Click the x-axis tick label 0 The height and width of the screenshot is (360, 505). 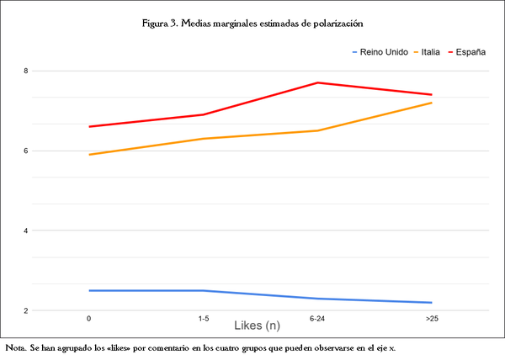[89, 319]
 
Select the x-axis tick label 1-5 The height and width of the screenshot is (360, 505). [204, 319]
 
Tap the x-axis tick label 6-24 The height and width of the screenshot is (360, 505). [317, 319]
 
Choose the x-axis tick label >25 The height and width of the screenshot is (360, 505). [431, 319]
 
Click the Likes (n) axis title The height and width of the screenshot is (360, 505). [257, 325]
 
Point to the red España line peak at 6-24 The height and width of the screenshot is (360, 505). [317, 82]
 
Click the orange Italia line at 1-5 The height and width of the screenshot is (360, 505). [204, 139]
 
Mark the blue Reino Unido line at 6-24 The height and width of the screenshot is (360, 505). [317, 299]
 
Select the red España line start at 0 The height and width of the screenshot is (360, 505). [89, 126]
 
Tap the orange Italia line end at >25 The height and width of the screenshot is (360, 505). [431, 103]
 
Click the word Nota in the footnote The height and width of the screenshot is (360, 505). [15, 347]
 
